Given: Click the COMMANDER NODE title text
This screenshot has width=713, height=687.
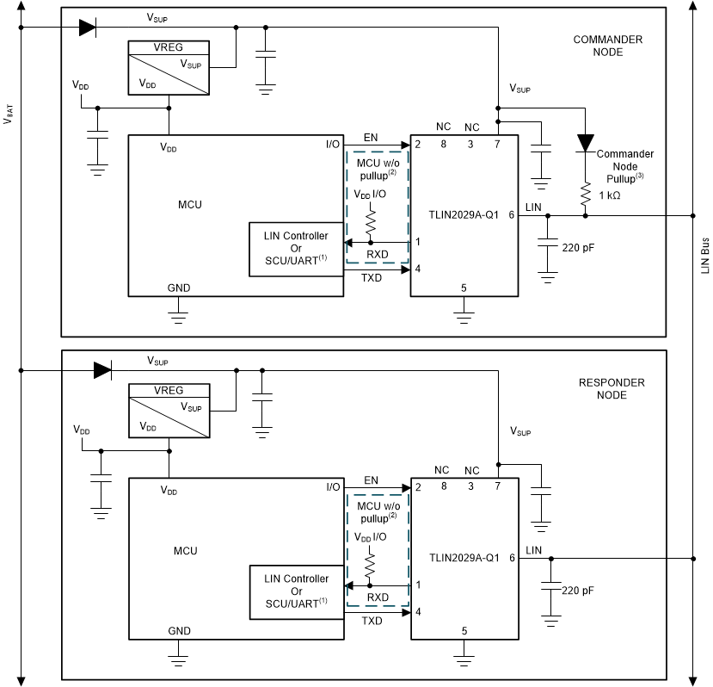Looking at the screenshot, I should [x=607, y=46].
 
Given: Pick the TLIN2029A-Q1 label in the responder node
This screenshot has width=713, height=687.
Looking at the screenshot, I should [x=464, y=558].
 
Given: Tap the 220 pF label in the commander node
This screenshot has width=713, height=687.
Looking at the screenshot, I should [x=577, y=247].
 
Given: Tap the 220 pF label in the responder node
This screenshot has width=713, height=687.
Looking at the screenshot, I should [x=577, y=591].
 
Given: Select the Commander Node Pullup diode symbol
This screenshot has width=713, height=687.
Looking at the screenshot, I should [x=586, y=142].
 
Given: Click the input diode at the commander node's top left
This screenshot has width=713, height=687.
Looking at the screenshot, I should [x=87, y=27].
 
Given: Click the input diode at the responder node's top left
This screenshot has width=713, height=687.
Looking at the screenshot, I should [x=102, y=370].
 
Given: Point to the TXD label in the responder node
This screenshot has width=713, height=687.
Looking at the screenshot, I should [x=372, y=620].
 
